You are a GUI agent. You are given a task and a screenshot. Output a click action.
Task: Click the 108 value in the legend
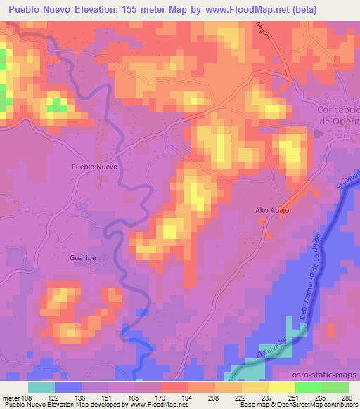click(27, 398)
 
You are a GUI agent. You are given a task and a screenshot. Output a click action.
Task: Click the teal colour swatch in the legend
click(41, 387)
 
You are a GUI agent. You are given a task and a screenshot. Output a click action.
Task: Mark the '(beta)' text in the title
click(299, 10)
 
